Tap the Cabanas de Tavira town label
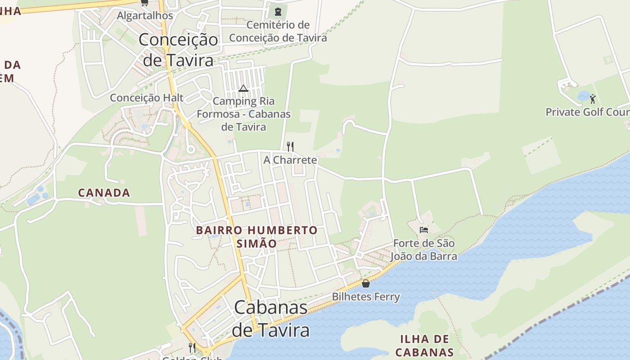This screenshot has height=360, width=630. (x=271, y=319)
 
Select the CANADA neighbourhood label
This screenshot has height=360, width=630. (x=104, y=193)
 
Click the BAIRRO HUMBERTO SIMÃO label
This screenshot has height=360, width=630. (x=256, y=237)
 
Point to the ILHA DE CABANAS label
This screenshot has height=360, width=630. (x=425, y=345)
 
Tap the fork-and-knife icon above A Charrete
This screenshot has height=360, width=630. (x=290, y=146)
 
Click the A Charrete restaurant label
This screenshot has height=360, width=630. (x=290, y=160)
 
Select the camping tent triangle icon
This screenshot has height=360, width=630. (x=243, y=88)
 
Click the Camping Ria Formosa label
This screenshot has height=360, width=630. (x=243, y=114)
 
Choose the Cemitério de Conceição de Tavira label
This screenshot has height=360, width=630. (x=278, y=31)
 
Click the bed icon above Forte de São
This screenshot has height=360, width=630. (x=423, y=229)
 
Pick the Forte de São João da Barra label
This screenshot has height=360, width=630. (x=423, y=250)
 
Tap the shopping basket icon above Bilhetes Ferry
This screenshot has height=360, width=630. (x=366, y=283)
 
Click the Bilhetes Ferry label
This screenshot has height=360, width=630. (x=366, y=297)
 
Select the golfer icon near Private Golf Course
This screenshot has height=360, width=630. (x=593, y=99)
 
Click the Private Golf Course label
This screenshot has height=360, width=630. (x=587, y=112)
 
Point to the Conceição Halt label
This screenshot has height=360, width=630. (x=147, y=98)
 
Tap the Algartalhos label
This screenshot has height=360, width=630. (x=145, y=16)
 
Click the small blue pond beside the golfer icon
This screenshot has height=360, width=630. (x=584, y=95)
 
